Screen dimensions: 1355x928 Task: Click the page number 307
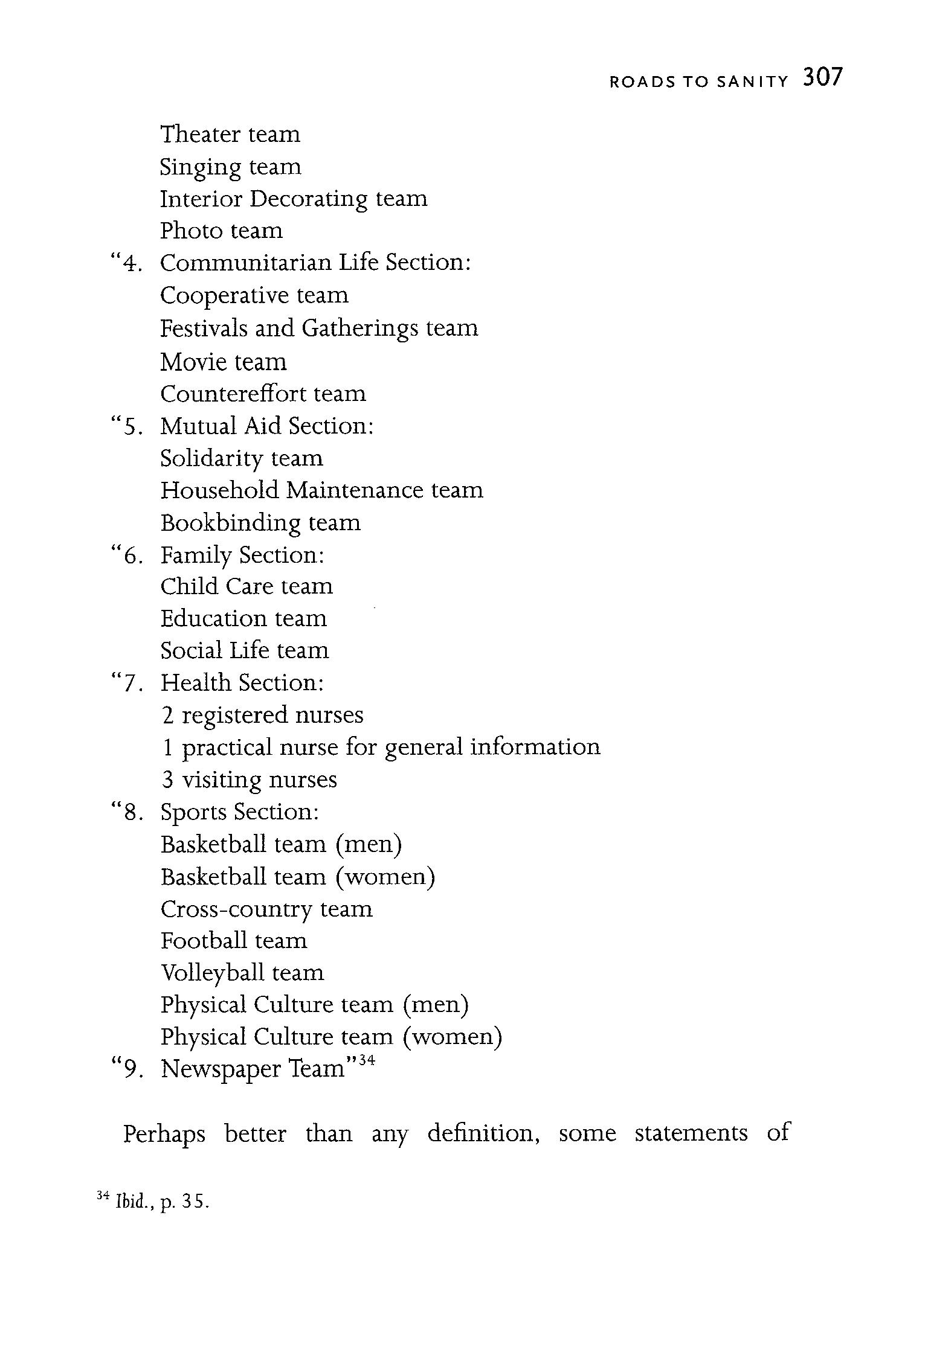point(822,78)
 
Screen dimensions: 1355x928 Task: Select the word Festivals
point(203,328)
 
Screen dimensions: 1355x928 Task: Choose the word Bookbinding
point(230,523)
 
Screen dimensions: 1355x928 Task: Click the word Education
point(213,618)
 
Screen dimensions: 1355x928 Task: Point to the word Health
point(196,683)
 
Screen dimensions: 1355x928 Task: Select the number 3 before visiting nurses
point(167,780)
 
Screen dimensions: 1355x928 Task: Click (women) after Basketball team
point(385,877)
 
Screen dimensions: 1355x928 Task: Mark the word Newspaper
point(221,1069)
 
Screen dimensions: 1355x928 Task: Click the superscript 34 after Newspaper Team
point(367,1060)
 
